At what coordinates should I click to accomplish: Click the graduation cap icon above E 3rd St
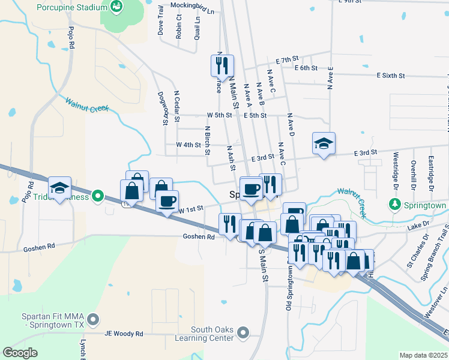coord(324,143)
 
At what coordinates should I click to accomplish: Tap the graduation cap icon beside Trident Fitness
coord(60,188)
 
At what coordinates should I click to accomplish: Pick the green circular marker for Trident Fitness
coord(95,196)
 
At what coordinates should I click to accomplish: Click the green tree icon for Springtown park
coord(394,205)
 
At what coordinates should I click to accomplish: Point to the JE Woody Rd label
coord(124,334)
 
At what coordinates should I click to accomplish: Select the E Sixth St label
coord(391,76)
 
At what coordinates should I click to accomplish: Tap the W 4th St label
coord(188,145)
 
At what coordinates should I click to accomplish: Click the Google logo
coord(20,352)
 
